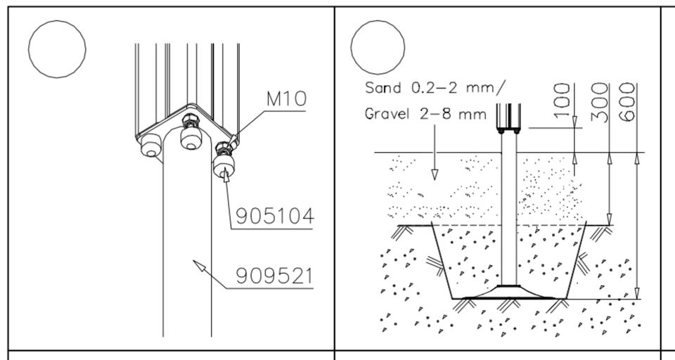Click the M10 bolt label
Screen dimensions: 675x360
[x=286, y=98]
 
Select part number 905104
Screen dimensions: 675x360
[x=275, y=216]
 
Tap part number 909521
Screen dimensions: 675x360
[x=274, y=276]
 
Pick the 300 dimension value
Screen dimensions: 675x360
[x=599, y=102]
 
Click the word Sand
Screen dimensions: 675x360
[x=383, y=87]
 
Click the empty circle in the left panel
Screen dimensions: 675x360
[x=57, y=20]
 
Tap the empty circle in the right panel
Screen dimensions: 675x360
[x=378, y=20]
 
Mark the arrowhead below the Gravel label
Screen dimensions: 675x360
[x=435, y=174]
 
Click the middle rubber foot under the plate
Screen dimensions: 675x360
[x=191, y=138]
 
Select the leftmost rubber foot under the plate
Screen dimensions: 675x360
[x=150, y=145]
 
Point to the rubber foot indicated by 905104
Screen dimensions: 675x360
[x=224, y=166]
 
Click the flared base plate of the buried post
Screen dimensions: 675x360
[x=509, y=292]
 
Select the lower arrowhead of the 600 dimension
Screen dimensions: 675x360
[x=638, y=293]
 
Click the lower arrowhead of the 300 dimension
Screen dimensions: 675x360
[x=609, y=219]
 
